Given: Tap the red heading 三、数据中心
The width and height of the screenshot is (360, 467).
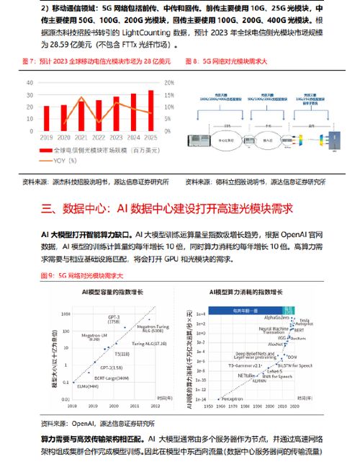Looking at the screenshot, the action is [66, 209].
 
